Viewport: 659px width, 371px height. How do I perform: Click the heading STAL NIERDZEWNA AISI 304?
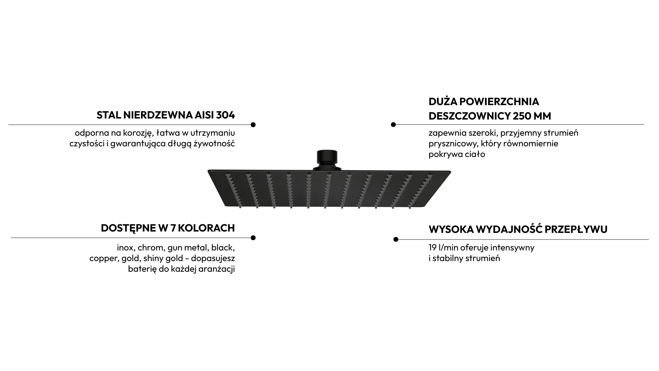pos(166,115)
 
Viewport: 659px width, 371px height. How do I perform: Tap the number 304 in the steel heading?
pos(226,115)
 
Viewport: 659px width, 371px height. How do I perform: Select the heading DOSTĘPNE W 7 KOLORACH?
pos(168,228)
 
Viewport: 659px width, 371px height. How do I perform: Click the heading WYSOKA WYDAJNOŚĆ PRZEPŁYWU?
pos(518,229)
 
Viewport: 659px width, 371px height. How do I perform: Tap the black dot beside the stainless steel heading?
pos(253,125)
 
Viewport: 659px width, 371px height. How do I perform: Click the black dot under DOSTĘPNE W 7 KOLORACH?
pos(253,238)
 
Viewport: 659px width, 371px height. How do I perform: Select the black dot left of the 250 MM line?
pos(393,125)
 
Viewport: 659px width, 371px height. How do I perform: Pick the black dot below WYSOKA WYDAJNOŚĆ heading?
pos(396,239)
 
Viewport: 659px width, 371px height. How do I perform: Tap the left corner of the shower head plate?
pos(208,170)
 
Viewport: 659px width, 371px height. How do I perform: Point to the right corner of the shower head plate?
pos(451,171)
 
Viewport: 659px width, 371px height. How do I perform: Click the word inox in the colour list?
pos(125,247)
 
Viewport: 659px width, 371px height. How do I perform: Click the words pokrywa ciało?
pos(457,154)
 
